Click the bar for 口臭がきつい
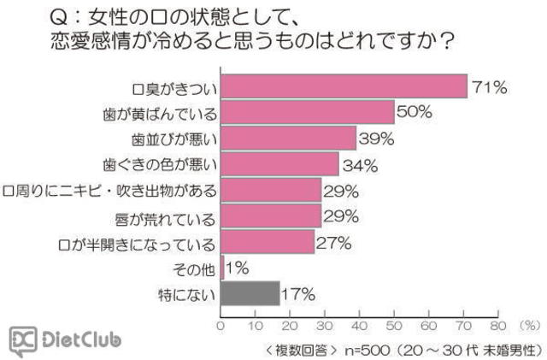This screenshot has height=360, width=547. coord(344,86)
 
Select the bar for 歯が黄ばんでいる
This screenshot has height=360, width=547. coord(308,112)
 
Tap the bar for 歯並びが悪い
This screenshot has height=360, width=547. coord(288,138)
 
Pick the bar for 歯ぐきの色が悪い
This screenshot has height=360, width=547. coord(279,163)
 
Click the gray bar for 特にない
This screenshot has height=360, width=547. coord(250,293)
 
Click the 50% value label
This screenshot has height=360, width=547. coord(416,113)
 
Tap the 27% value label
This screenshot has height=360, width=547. coord(334,242)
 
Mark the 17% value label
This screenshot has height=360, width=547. coord(298,294)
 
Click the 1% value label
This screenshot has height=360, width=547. coord(237,269)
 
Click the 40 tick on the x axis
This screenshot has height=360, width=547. coord(360,326)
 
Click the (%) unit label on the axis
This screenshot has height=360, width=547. coord(530,326)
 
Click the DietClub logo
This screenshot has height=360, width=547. coord(66,340)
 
